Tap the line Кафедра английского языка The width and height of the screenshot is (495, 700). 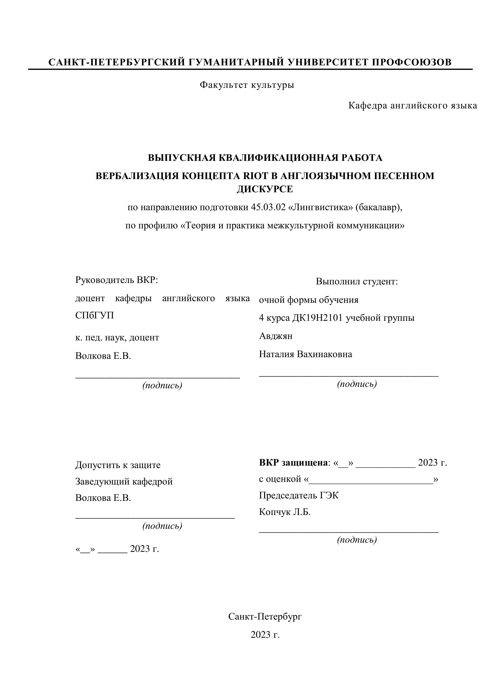413,106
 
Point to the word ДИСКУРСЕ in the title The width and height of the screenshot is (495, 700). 265,189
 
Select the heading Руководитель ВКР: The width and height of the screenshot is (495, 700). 117,280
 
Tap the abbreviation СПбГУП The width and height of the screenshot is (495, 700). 95,315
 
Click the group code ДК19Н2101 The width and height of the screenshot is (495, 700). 318,318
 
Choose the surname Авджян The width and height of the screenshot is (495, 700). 276,336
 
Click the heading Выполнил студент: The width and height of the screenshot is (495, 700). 357,281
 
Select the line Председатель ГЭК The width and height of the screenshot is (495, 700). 299,495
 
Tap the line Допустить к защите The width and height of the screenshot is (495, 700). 118,465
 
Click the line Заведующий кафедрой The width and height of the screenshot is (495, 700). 124,481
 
